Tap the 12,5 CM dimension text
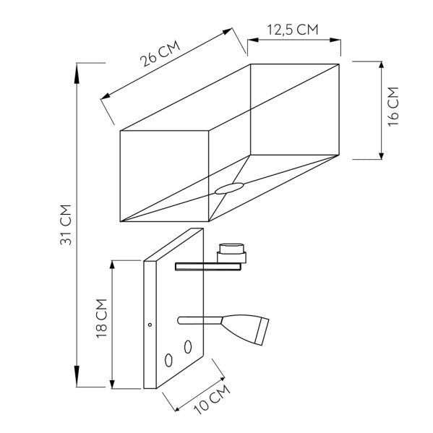[293, 30]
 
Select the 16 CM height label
[393, 107]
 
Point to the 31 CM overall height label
[64, 222]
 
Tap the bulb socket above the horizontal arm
[232, 252]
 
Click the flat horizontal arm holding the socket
[207, 267]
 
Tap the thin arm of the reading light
[200, 318]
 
